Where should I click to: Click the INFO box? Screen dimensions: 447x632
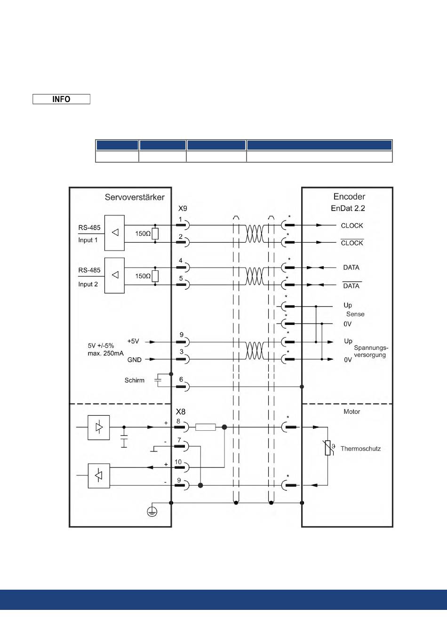point(61,99)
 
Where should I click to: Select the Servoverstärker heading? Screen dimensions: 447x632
point(135,197)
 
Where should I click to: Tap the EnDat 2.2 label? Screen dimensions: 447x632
point(348,208)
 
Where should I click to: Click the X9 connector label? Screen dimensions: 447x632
point(183,208)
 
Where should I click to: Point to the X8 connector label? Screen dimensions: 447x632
point(181,411)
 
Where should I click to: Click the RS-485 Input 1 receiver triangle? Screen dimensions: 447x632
point(115,232)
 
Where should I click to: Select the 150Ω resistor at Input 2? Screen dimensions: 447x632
point(155,276)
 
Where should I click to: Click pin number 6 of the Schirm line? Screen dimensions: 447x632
point(181,379)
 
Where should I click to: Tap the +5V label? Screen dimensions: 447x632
point(133,341)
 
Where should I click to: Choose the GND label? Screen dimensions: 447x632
point(135,360)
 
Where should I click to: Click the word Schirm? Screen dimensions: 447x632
point(135,380)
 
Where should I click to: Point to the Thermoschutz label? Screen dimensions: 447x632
point(360,449)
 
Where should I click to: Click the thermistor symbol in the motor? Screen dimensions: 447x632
point(328,448)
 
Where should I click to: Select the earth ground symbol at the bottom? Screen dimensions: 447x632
point(152,512)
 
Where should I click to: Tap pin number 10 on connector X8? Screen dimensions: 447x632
point(178,462)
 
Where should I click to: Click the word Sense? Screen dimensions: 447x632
point(355,314)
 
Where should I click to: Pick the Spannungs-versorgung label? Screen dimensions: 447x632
point(371,351)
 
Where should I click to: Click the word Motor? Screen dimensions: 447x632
point(352,411)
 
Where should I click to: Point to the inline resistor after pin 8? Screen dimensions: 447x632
point(205,427)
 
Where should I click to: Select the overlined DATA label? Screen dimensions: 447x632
point(351,285)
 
